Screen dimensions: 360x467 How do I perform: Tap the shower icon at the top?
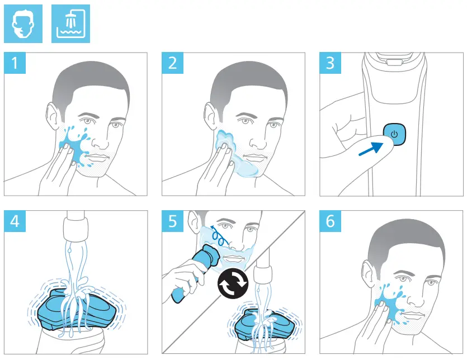point(70,24)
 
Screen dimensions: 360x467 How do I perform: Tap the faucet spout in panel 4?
point(76,229)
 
